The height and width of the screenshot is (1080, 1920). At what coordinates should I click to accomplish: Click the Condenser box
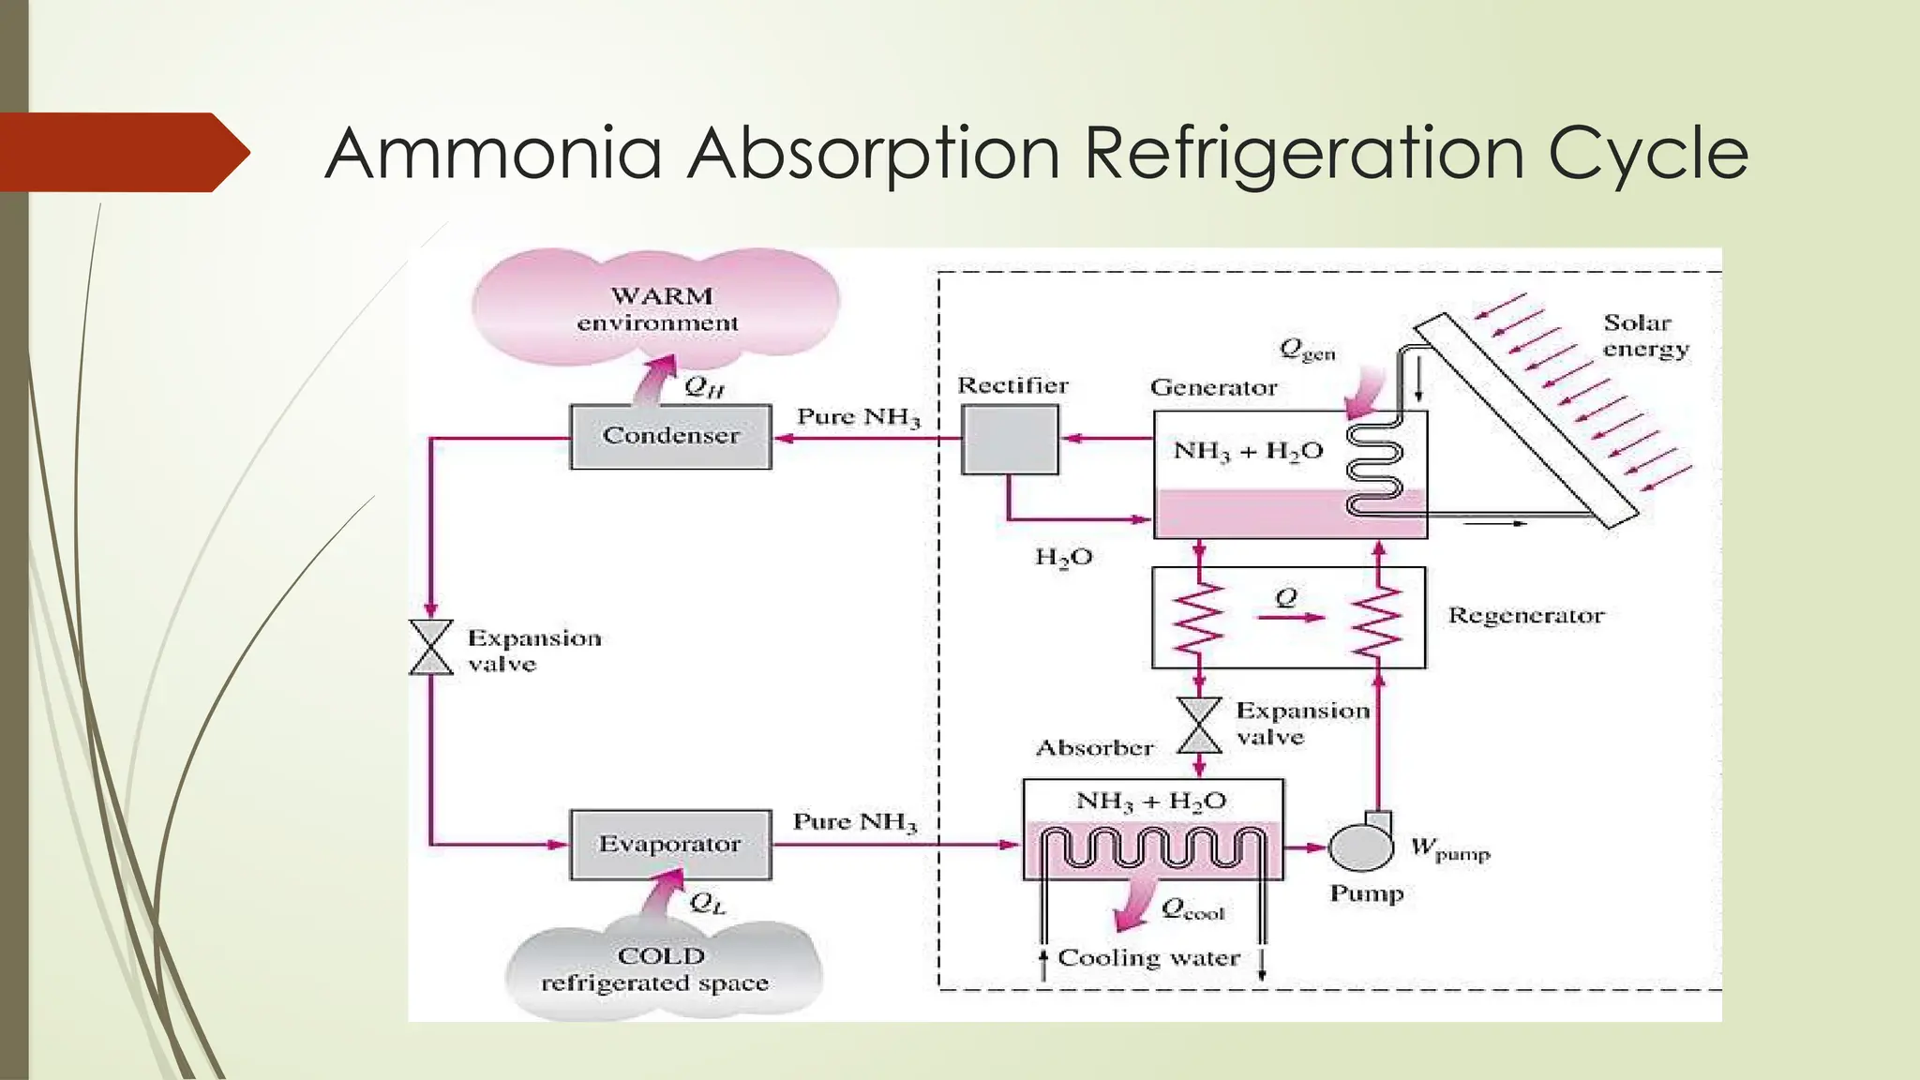point(670,436)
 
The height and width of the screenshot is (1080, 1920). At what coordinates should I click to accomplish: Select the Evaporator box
point(670,845)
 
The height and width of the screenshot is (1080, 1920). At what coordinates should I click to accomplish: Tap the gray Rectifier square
point(1010,440)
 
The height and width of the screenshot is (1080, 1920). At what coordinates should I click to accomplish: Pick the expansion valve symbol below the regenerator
point(1199,725)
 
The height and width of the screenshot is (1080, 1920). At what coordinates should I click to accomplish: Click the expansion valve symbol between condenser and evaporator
point(431,647)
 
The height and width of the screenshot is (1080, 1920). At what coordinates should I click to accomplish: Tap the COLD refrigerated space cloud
point(660,970)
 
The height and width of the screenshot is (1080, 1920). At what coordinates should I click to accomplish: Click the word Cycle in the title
point(1647,153)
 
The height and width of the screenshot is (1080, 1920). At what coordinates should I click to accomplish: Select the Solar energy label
point(1644,336)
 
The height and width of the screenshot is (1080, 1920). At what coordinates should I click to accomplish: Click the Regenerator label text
point(1525,616)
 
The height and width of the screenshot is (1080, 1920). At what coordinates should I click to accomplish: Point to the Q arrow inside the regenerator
point(1290,616)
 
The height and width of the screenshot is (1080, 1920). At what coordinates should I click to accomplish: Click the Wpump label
point(1448,849)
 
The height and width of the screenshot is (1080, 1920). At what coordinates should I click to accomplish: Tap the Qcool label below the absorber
point(1192,908)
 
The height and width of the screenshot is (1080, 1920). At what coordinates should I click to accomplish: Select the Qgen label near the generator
point(1306,351)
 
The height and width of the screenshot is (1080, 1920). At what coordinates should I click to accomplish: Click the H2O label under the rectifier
point(1063,558)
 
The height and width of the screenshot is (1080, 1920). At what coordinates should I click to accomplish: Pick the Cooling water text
point(1148,958)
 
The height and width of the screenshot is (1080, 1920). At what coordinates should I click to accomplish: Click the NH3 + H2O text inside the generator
point(1247,451)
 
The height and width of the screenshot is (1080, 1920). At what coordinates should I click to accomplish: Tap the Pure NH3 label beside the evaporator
point(854,822)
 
